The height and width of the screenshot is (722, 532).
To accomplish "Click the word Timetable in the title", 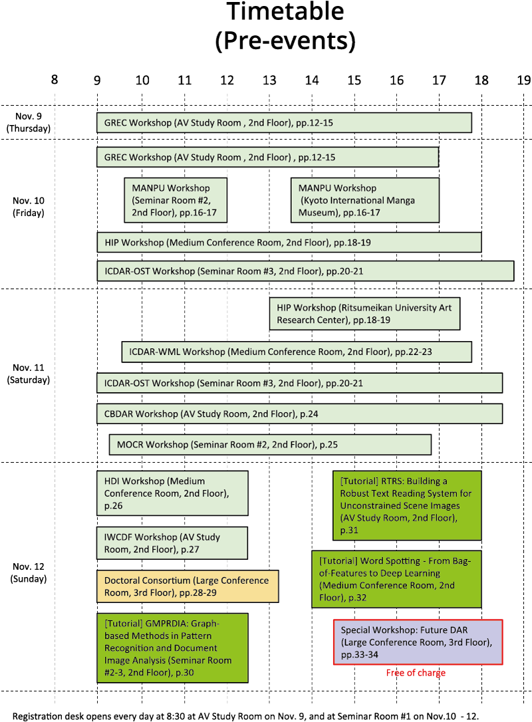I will coord(285,12).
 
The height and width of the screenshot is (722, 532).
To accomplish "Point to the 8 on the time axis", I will coord(55,80).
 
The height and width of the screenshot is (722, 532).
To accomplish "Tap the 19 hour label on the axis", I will coord(524,80).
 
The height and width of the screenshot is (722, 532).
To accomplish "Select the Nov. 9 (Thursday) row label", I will coord(29,122).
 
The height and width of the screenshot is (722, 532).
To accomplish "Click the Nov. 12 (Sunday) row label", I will coord(29,572).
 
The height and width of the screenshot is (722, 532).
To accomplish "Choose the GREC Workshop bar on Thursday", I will coord(284,123).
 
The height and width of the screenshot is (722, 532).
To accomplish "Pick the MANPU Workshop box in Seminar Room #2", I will coord(176,200).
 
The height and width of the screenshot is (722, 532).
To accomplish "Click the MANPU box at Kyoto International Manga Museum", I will coord(365,200).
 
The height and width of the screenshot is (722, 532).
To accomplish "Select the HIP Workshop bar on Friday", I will coord(289,243).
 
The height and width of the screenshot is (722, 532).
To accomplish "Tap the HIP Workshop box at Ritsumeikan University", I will coord(364,314).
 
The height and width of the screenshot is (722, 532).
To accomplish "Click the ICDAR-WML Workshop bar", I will coord(297,352).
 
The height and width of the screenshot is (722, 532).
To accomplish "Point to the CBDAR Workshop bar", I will coord(299,414).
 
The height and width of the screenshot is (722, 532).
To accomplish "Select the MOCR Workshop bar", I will coord(270,444).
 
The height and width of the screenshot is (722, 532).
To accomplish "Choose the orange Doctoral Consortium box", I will coord(188,586).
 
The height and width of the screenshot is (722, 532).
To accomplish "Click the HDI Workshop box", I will coord(172,493).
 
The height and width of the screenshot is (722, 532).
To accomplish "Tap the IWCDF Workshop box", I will coord(172,543).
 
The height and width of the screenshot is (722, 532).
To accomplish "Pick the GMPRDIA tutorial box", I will coord(172,648).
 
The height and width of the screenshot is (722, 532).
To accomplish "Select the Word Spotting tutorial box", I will coord(396,579).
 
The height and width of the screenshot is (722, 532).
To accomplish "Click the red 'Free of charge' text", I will coord(416,673).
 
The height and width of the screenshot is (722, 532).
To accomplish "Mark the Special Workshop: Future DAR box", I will coord(418,642).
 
